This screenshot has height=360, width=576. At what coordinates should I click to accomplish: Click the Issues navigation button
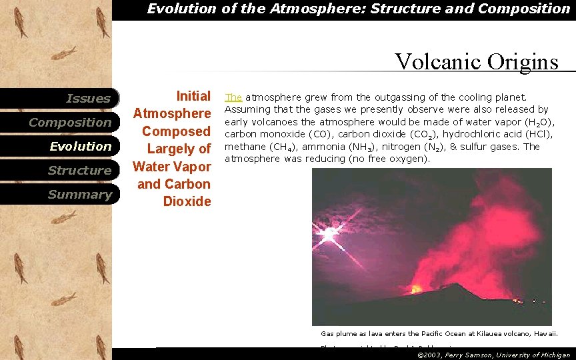[x=88, y=99]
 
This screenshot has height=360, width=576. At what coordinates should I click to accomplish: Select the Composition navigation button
[x=70, y=123]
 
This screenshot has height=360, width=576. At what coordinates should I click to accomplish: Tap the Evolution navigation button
[x=81, y=147]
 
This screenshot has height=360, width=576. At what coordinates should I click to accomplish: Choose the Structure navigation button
[x=79, y=171]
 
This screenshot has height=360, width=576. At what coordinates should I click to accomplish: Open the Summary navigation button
[x=79, y=195]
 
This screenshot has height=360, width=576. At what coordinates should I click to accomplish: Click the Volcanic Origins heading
[x=476, y=61]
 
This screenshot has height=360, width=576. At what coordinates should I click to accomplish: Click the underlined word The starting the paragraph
[x=233, y=97]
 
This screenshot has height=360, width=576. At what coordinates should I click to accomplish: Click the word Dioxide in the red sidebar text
[x=187, y=201]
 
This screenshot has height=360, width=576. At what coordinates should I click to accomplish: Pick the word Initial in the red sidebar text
[x=193, y=96]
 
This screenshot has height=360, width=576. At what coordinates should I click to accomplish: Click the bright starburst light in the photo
[x=328, y=235]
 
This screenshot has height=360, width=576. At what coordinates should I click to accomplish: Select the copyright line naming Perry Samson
[x=493, y=355]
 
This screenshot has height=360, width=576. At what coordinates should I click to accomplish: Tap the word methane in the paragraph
[x=245, y=147]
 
